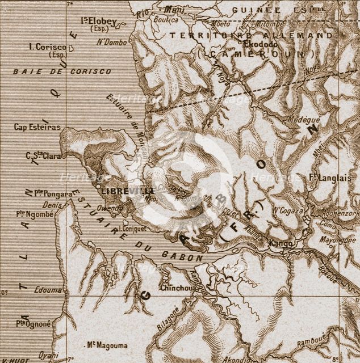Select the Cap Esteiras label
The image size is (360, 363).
click(36, 128)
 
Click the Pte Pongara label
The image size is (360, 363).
click(52, 193)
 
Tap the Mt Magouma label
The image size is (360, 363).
click(107, 345)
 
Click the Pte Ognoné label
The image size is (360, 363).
click(33, 323)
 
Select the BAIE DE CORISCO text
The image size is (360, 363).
click(62, 71)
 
